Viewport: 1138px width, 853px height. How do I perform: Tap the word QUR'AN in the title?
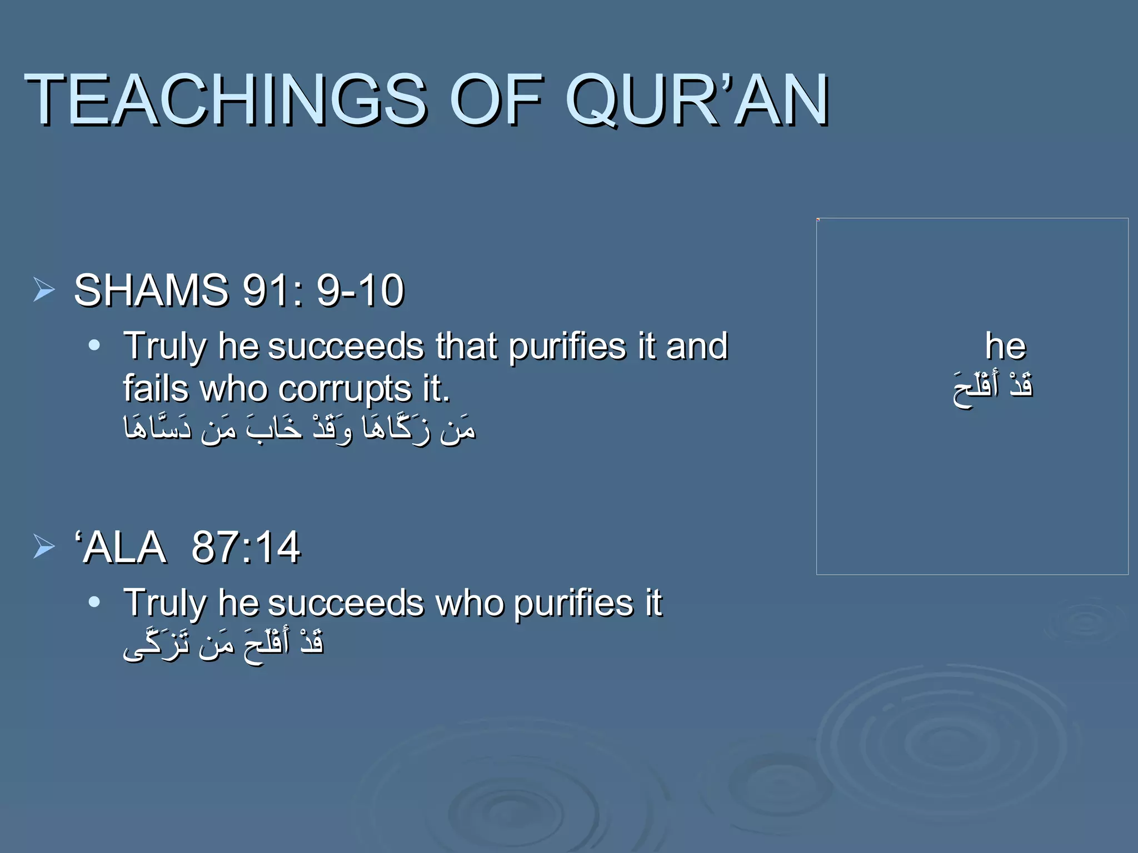pyautogui.click(x=697, y=100)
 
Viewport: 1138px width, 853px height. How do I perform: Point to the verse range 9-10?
pyautogui.click(x=360, y=290)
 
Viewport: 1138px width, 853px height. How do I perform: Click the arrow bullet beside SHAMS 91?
pyautogui.click(x=44, y=290)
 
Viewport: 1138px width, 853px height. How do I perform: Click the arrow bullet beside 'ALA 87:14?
pyautogui.click(x=44, y=546)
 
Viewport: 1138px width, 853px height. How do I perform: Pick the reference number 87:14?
pyautogui.click(x=245, y=548)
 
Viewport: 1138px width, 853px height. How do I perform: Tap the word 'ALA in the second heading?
pyautogui.click(x=121, y=548)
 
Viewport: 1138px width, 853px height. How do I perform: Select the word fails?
pyautogui.click(x=156, y=388)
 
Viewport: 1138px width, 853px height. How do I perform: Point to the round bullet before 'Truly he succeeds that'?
pyautogui.click(x=94, y=345)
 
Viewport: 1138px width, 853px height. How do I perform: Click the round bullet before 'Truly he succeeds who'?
pyautogui.click(x=94, y=602)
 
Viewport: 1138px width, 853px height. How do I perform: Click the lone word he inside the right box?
pyautogui.click(x=1005, y=346)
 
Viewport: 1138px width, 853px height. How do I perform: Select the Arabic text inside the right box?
pyautogui.click(x=992, y=388)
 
